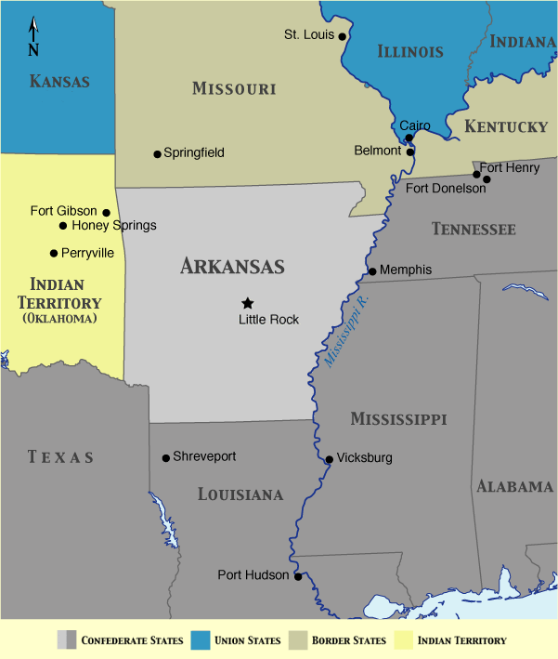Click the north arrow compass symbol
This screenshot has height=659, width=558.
(33, 36)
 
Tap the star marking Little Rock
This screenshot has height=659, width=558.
(247, 303)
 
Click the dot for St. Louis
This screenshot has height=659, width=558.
(342, 36)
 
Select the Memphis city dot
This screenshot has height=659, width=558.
(372, 271)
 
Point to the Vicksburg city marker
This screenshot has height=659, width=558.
(329, 459)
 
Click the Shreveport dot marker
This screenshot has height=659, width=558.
(165, 457)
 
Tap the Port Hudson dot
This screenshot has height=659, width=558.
(298, 576)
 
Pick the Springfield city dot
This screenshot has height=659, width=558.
(157, 153)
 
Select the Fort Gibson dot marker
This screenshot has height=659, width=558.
(106, 212)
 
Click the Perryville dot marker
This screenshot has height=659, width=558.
(54, 253)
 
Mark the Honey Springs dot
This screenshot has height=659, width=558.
(63, 226)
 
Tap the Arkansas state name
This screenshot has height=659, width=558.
(232, 267)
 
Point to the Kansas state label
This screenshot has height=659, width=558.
(59, 82)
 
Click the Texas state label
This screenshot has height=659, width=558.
(60, 456)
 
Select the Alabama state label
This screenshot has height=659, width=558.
(514, 486)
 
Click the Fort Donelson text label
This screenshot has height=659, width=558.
(446, 189)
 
